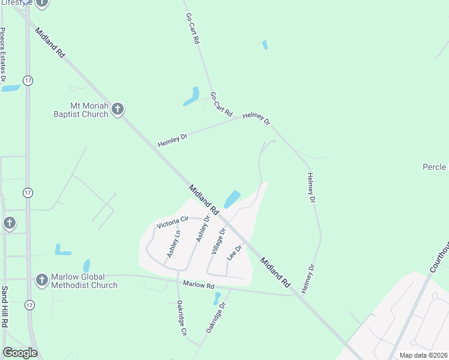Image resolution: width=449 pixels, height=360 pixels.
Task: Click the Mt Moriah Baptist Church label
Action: [81, 110]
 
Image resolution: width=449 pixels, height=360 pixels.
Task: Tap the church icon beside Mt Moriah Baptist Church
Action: [118, 109]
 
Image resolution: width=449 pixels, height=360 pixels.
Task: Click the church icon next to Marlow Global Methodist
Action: [41, 280]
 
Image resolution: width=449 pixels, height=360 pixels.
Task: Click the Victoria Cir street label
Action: [172, 222]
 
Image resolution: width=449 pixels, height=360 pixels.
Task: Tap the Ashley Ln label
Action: [173, 245]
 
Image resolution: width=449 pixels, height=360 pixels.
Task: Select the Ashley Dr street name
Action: [204, 230]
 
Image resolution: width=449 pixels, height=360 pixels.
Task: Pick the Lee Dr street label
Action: [234, 253]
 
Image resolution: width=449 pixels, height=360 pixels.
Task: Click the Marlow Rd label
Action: [199, 284]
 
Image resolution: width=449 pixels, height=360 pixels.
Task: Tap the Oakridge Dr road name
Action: [216, 317]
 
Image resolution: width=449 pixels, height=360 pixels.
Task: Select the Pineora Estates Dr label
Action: [4, 54]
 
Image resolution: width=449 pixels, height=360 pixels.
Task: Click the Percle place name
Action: [434, 167]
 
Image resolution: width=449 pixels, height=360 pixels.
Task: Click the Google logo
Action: [20, 353]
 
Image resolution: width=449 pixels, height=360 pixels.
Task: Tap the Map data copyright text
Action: [423, 355]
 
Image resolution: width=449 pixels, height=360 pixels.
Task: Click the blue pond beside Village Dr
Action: [232, 199]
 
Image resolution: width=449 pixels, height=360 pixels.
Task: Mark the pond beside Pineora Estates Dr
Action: [11, 88]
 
